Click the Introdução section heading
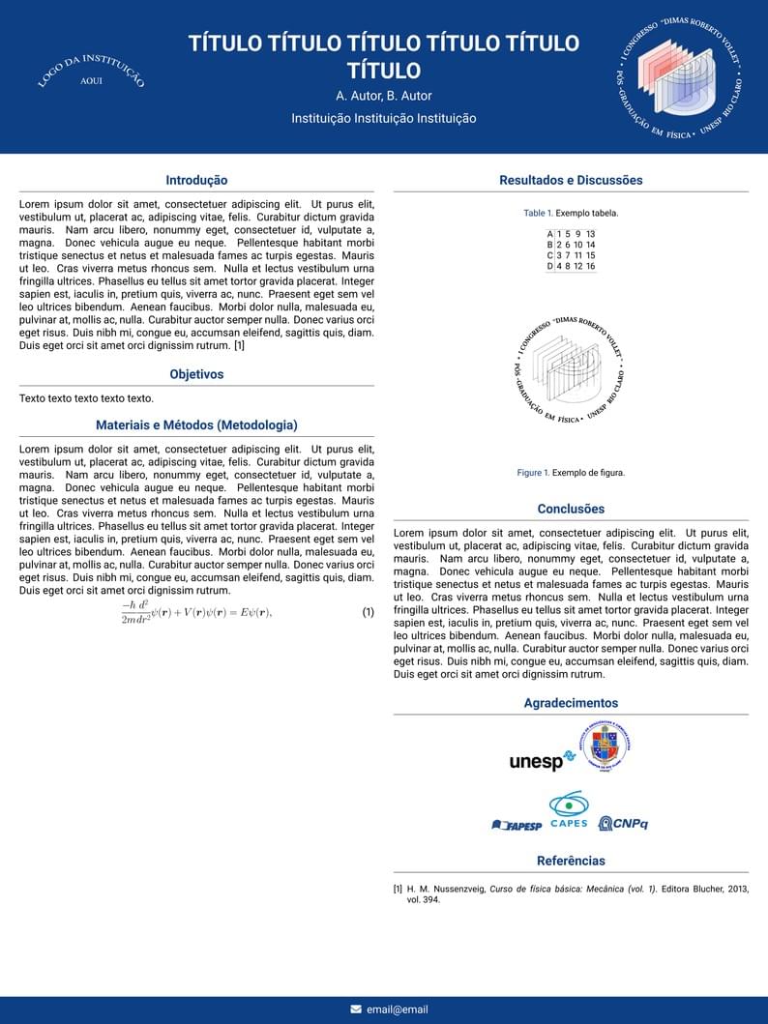pyautogui.click(x=196, y=181)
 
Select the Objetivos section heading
pyautogui.click(x=196, y=374)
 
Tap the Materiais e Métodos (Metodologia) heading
pyautogui.click(x=196, y=425)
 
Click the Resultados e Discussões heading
pyautogui.click(x=571, y=181)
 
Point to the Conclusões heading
pyautogui.click(x=571, y=510)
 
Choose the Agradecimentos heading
pyautogui.click(x=571, y=704)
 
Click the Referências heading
pyautogui.click(x=571, y=862)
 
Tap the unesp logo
pyautogui.click(x=535, y=762)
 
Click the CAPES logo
pyautogui.click(x=569, y=810)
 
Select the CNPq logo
pyautogui.click(x=623, y=824)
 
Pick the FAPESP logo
pyautogui.click(x=517, y=826)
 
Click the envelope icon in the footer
pyautogui.click(x=356, y=1009)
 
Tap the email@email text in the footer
pyautogui.click(x=397, y=1009)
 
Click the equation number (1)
pyautogui.click(x=368, y=612)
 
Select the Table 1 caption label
pyautogui.click(x=538, y=213)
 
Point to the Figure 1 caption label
pyautogui.click(x=533, y=473)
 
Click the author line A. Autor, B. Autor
pyautogui.click(x=384, y=96)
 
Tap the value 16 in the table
pyautogui.click(x=590, y=266)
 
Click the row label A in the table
pyautogui.click(x=550, y=234)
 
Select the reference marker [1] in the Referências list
pyautogui.click(x=398, y=889)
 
